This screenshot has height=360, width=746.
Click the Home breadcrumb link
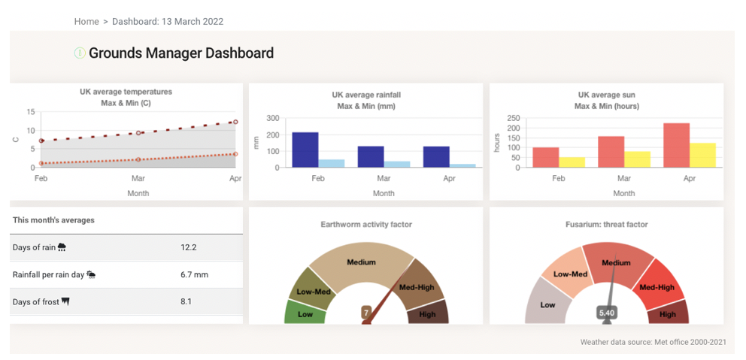click(x=86, y=22)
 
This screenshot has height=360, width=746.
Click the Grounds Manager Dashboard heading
click(x=181, y=53)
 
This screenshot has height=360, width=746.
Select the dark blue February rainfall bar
click(x=305, y=150)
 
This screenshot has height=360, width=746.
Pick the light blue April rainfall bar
click(x=462, y=165)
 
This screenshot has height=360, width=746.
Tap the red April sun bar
click(x=676, y=145)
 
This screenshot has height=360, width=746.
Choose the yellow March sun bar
click(x=638, y=159)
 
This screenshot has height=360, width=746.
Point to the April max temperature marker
click(x=235, y=122)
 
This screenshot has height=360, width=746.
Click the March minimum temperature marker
click(x=138, y=159)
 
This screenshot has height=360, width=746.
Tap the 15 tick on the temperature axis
click(x=31, y=112)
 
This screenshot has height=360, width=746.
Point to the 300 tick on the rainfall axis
click(x=273, y=119)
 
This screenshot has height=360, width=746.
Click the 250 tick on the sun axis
click(x=514, y=119)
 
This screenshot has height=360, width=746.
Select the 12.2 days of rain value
click(x=189, y=247)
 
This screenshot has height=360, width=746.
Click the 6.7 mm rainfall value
click(x=194, y=275)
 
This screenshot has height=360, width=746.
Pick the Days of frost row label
click(x=36, y=302)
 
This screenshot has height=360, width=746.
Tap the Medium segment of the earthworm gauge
click(x=361, y=262)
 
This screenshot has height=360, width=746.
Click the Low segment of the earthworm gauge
click(x=305, y=314)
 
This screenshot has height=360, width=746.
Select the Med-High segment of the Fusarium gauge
click(x=657, y=287)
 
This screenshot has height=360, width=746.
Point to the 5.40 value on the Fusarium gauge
click(x=607, y=313)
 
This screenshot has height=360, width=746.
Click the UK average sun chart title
click(x=606, y=95)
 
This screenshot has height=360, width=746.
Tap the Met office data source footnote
click(x=653, y=343)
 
